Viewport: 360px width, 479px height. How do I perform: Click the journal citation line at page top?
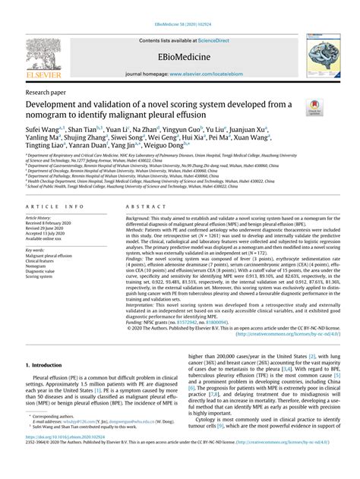coord(179,7)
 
